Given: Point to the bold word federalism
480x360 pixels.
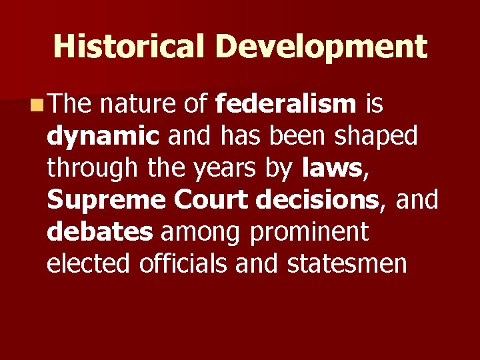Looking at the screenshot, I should (287, 104).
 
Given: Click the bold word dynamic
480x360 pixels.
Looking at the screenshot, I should (103, 137).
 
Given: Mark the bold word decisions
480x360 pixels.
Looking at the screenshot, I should (323, 199).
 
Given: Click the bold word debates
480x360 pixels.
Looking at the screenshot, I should (99, 231).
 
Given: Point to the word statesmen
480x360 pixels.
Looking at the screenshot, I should (347, 263).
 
